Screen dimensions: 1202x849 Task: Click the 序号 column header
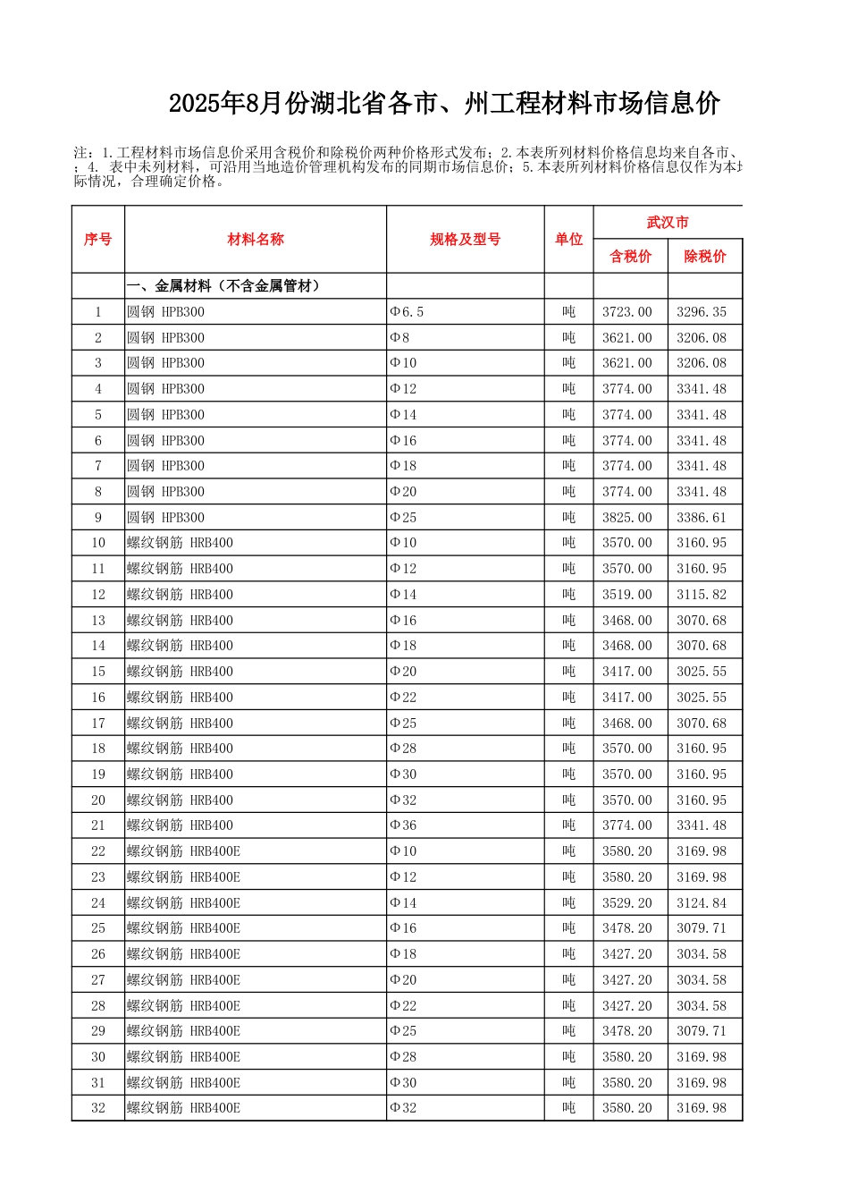tap(98, 240)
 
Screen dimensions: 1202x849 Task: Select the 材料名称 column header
tap(256, 240)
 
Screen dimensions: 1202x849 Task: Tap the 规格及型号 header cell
tap(465, 240)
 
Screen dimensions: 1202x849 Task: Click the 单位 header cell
tap(568, 240)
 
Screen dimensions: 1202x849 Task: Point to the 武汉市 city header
tap(668, 223)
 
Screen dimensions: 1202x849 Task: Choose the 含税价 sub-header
tap(630, 257)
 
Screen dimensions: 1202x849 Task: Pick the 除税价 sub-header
tap(704, 257)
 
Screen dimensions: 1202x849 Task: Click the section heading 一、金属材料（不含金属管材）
tap(223, 286)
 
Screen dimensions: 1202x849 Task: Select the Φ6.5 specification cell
tap(408, 312)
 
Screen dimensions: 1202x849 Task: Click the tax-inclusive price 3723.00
tap(627, 312)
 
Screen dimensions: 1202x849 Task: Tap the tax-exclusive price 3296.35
tap(702, 312)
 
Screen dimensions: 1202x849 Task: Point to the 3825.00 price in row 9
tap(627, 518)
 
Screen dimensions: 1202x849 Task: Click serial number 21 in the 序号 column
tap(98, 825)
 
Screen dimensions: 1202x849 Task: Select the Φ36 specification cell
tap(404, 825)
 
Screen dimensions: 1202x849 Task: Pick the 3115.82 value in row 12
tap(702, 595)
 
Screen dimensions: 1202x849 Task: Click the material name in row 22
tap(183, 851)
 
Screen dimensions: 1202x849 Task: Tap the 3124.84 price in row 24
tap(702, 903)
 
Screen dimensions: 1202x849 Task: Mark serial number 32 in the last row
tap(98, 1108)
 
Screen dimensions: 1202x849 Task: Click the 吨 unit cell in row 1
tap(568, 312)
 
